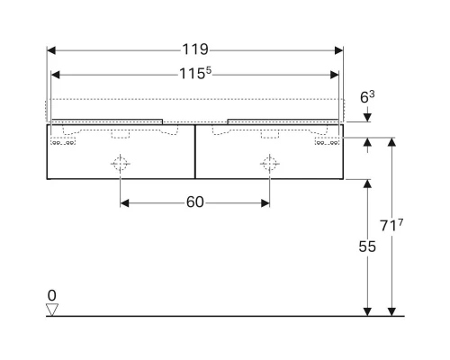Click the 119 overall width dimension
coord(195,50)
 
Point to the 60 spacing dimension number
coord(195,203)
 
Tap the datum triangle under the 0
coord(51,310)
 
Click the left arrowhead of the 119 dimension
coord(50,50)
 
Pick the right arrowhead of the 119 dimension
coord(340,50)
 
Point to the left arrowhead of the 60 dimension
coord(124,203)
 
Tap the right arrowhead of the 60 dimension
coord(265,203)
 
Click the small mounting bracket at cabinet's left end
coord(62,141)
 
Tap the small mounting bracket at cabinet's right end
coord(325,141)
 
